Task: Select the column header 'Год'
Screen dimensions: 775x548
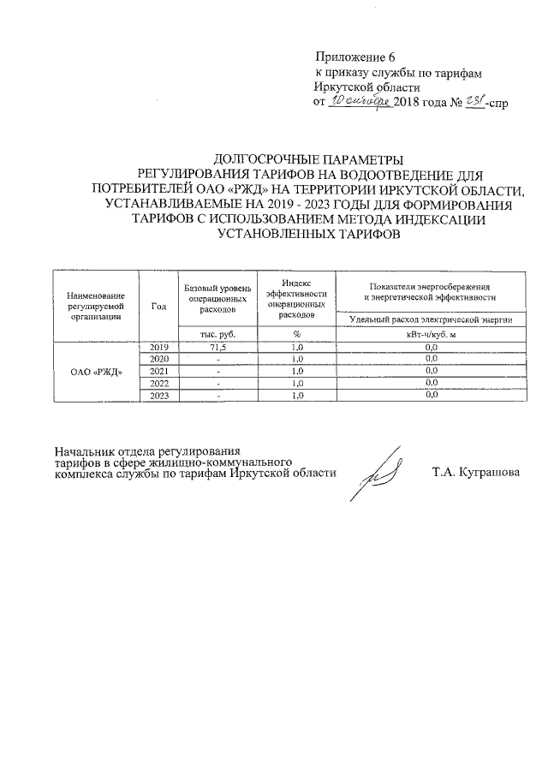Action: coord(158,306)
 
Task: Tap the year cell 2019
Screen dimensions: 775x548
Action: coord(158,347)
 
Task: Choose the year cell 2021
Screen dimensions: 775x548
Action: coord(158,371)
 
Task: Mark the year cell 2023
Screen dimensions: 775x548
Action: coord(158,396)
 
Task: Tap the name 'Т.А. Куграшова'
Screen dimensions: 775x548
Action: coord(475,474)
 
